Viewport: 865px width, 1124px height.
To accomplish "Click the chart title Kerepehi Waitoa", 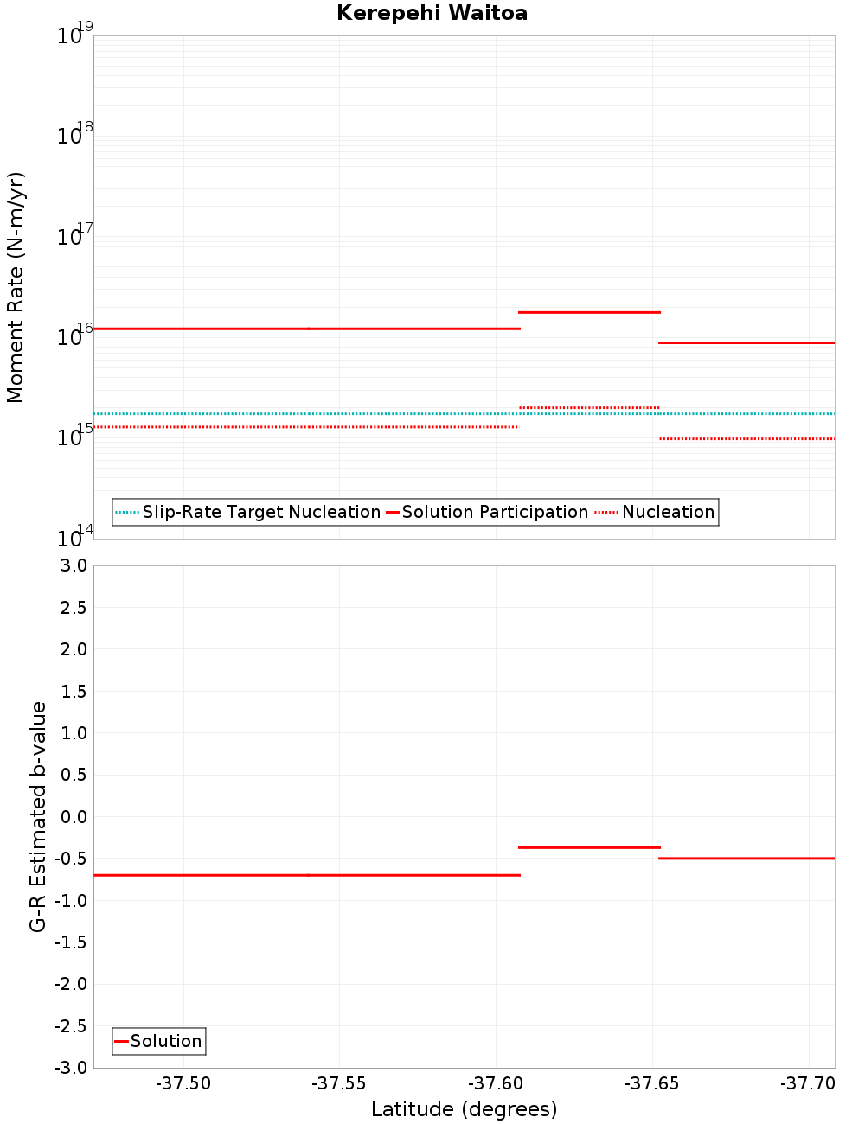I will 432,13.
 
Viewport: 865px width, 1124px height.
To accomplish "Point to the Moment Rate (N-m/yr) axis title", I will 16,287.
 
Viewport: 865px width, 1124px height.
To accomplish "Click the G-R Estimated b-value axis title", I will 38,816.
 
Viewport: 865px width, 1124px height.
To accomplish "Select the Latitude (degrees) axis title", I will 464,1109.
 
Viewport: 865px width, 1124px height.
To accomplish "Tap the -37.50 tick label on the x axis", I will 183,1083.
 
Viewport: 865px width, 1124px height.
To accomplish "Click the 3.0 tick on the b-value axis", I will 74,565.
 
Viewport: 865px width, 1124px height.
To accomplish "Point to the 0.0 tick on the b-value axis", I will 74,817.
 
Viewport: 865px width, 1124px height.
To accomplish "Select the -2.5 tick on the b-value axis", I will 71,1026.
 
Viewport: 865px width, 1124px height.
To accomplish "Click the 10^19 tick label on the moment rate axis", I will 74,35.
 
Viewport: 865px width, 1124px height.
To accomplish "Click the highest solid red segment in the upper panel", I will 589,312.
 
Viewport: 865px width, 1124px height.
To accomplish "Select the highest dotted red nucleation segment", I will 589,407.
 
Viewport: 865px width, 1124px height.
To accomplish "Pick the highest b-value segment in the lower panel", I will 589,847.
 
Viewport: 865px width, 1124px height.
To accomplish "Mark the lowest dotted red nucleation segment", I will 746,438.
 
